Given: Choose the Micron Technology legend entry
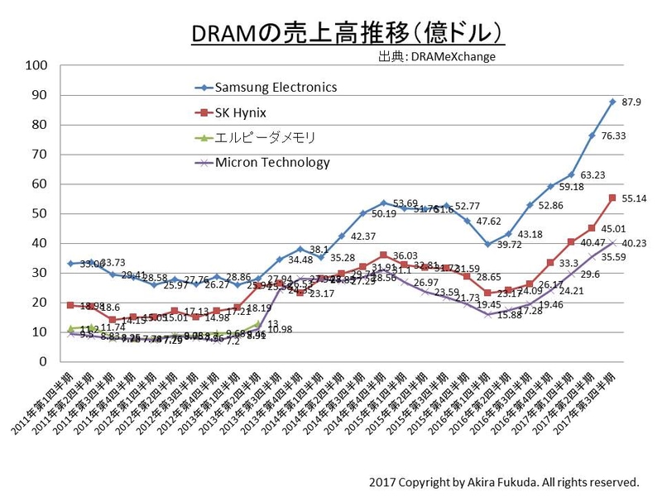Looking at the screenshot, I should [x=271, y=162].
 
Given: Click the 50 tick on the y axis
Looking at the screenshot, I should [x=41, y=213].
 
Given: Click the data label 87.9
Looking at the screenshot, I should [x=632, y=102].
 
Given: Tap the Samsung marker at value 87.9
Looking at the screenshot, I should [x=612, y=102].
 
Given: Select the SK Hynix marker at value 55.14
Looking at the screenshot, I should [x=612, y=198].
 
